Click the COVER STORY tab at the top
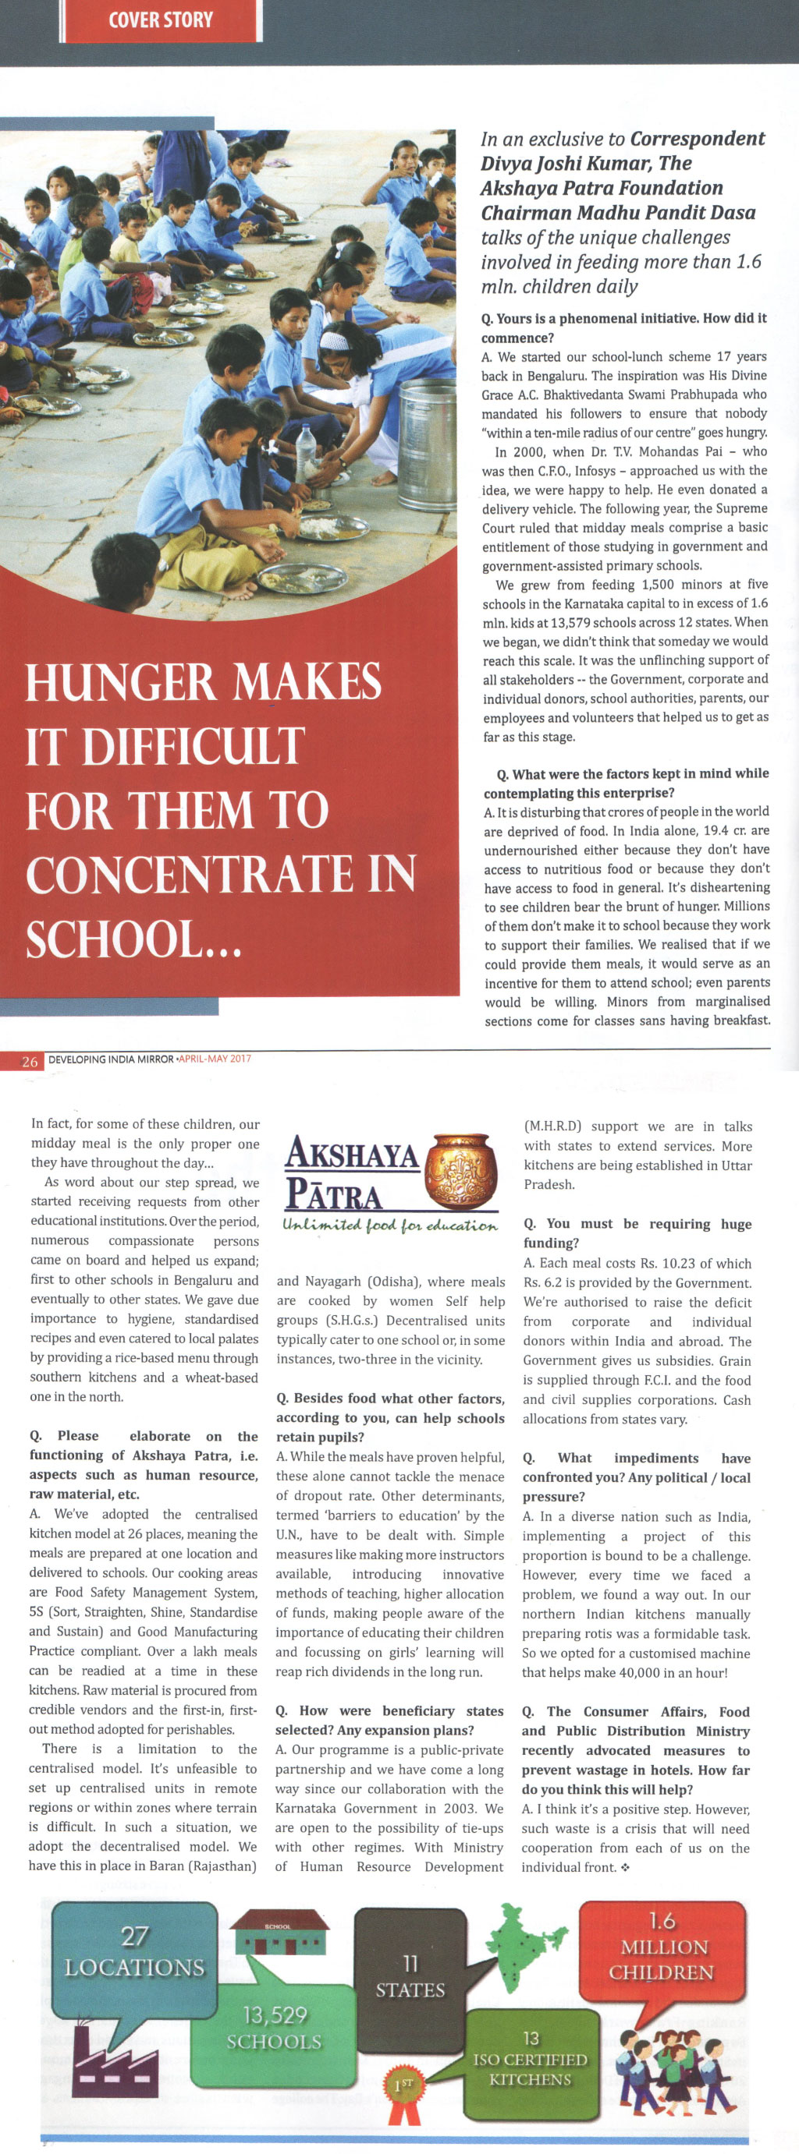(161, 20)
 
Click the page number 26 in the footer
(30, 1061)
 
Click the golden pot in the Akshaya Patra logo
(460, 1170)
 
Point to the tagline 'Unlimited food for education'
(390, 1226)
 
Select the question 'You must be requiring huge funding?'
(637, 1233)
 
